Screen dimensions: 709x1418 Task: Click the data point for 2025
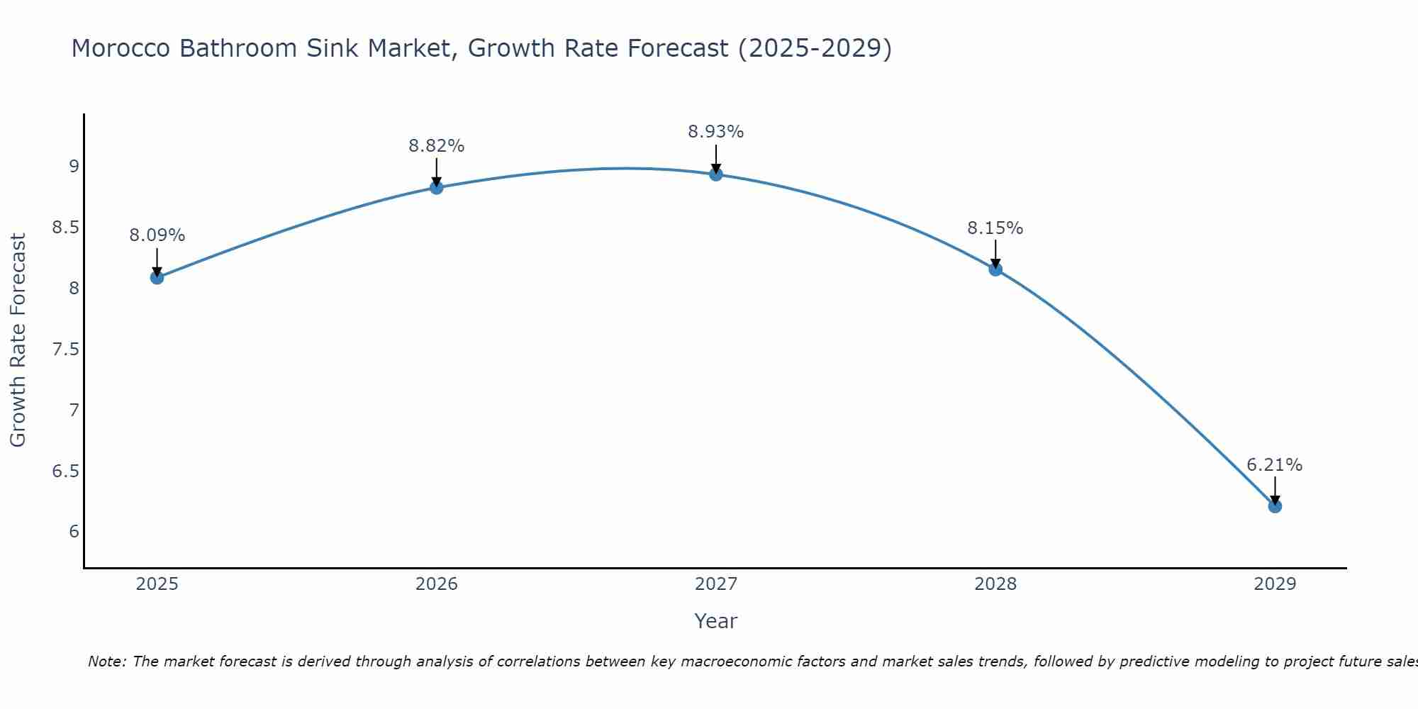(157, 277)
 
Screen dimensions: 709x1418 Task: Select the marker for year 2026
(436, 187)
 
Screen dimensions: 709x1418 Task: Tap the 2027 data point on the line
(715, 174)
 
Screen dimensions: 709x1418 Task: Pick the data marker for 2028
(995, 269)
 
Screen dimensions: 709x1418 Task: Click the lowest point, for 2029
(1274, 506)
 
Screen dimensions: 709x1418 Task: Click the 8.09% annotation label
(157, 235)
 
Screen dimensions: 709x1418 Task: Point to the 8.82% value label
(436, 146)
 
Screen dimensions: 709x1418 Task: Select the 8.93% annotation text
(715, 132)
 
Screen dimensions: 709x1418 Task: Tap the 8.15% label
(995, 228)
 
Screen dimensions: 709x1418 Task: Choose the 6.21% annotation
(1274, 465)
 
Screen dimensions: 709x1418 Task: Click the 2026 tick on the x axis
(436, 584)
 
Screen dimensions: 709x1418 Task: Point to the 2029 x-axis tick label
(1274, 584)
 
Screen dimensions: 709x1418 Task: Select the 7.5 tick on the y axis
(65, 350)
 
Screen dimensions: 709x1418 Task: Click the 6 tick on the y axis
(74, 532)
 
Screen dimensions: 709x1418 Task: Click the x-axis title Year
(715, 621)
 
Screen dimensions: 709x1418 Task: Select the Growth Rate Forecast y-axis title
(18, 340)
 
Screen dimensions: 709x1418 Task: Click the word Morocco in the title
(121, 48)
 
